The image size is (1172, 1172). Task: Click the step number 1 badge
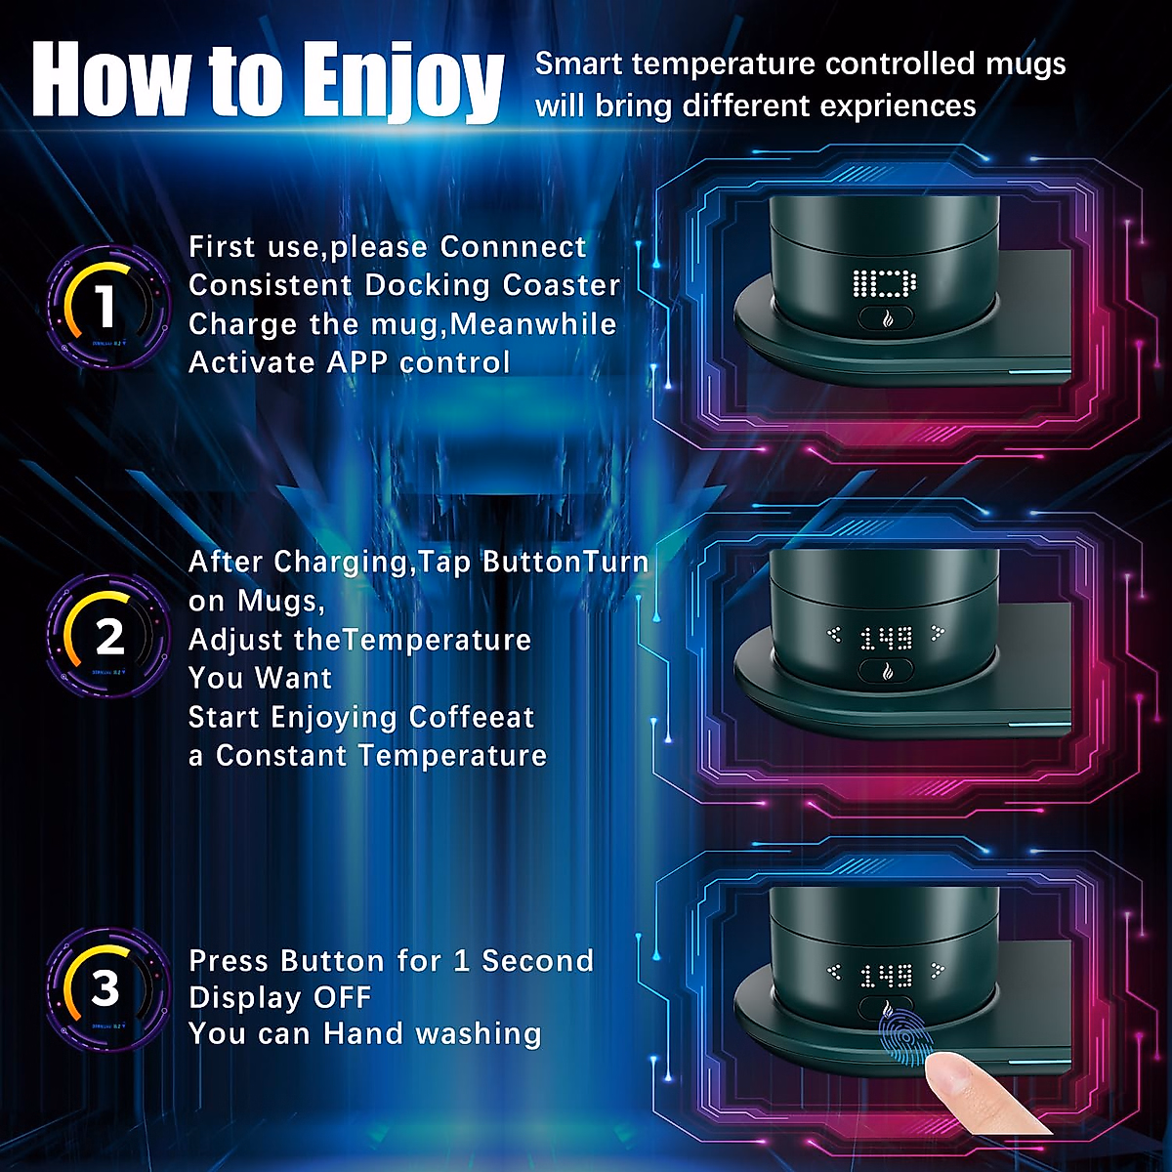click(x=105, y=306)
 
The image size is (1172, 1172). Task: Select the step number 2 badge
click(x=108, y=637)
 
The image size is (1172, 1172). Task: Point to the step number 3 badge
click(x=105, y=987)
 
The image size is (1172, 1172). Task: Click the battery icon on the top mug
click(x=885, y=284)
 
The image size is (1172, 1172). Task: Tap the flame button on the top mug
click(x=886, y=318)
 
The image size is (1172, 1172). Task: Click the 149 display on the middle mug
click(x=886, y=638)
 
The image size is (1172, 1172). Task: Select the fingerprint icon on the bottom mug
click(x=904, y=1039)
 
